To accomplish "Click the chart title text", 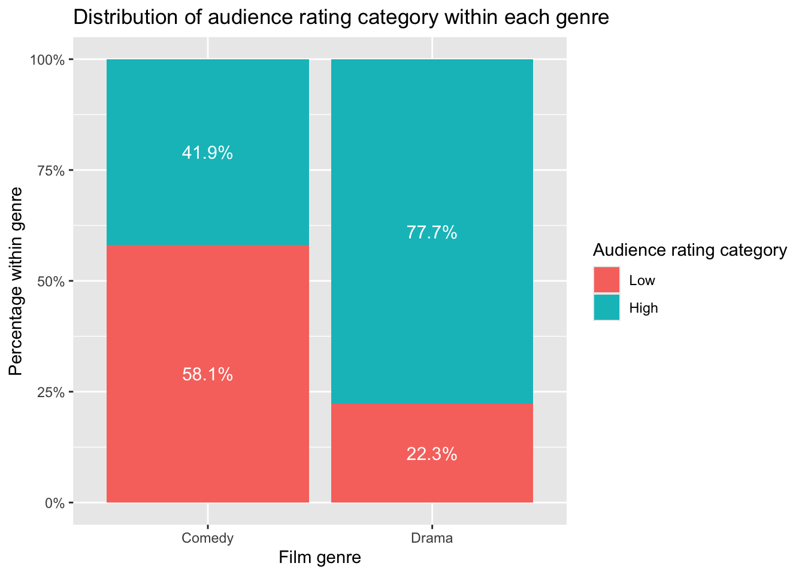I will pyautogui.click(x=341, y=18).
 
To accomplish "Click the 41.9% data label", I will pyautogui.click(x=207, y=153).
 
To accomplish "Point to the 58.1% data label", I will pyautogui.click(x=207, y=375).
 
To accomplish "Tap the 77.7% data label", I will pyautogui.click(x=432, y=232).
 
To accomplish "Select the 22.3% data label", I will pyautogui.click(x=432, y=455).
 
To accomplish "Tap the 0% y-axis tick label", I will pyautogui.click(x=56, y=503).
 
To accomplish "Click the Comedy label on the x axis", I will pyautogui.click(x=207, y=538).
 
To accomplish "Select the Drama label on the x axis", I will pyautogui.click(x=432, y=538).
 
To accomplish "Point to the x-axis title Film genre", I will pyautogui.click(x=320, y=558).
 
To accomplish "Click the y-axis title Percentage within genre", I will pyautogui.click(x=16, y=281).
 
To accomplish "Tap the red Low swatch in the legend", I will pyautogui.click(x=607, y=280).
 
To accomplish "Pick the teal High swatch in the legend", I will pyautogui.click(x=607, y=307).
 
